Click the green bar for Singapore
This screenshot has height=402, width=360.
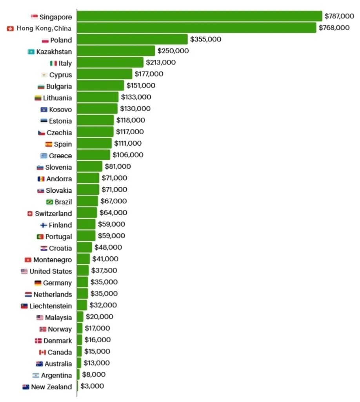click(199, 16)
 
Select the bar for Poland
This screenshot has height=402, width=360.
click(132, 39)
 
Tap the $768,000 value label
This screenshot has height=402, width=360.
click(334, 27)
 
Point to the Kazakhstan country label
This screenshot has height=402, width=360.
click(54, 52)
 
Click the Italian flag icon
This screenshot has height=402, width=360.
click(53, 63)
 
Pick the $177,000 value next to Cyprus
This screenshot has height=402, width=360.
click(149, 74)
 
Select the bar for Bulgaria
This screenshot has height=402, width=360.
click(100, 86)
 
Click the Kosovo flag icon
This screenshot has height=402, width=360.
click(44, 110)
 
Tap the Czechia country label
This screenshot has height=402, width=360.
click(59, 133)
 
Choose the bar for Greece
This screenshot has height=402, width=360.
click(93, 155)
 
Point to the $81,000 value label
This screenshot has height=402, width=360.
click(118, 166)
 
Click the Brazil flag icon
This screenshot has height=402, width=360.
click(49, 202)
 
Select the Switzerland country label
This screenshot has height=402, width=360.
click(53, 214)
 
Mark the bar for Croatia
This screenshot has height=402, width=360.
click(84, 247)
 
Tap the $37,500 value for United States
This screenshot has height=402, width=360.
click(104, 270)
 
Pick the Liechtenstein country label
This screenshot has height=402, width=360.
click(51, 306)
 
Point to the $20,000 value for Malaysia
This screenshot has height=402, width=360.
click(99, 317)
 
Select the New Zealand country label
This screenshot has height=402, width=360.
click(51, 387)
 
